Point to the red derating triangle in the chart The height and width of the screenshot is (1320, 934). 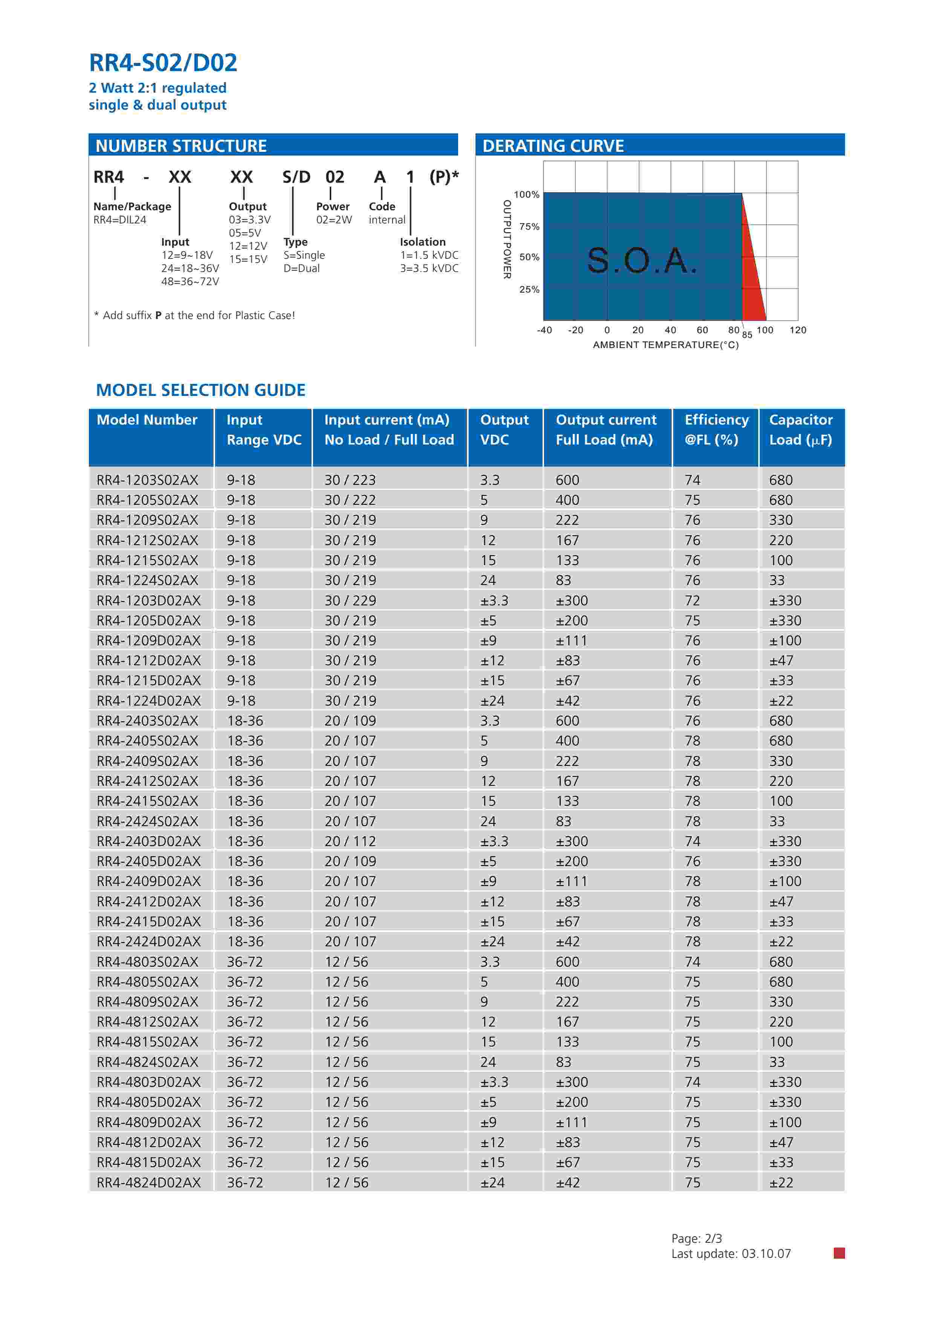tap(752, 276)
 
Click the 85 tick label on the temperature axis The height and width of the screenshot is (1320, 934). tap(747, 335)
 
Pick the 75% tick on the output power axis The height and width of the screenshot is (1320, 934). tap(529, 226)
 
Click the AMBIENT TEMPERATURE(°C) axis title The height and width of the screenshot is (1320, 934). tap(665, 345)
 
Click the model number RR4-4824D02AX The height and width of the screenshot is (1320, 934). tap(148, 1182)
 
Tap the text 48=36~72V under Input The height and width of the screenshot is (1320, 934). tap(190, 282)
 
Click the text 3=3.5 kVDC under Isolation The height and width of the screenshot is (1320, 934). tap(429, 269)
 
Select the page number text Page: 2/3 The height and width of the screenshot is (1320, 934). tap(697, 1238)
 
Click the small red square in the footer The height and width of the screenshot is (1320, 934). tap(839, 1253)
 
